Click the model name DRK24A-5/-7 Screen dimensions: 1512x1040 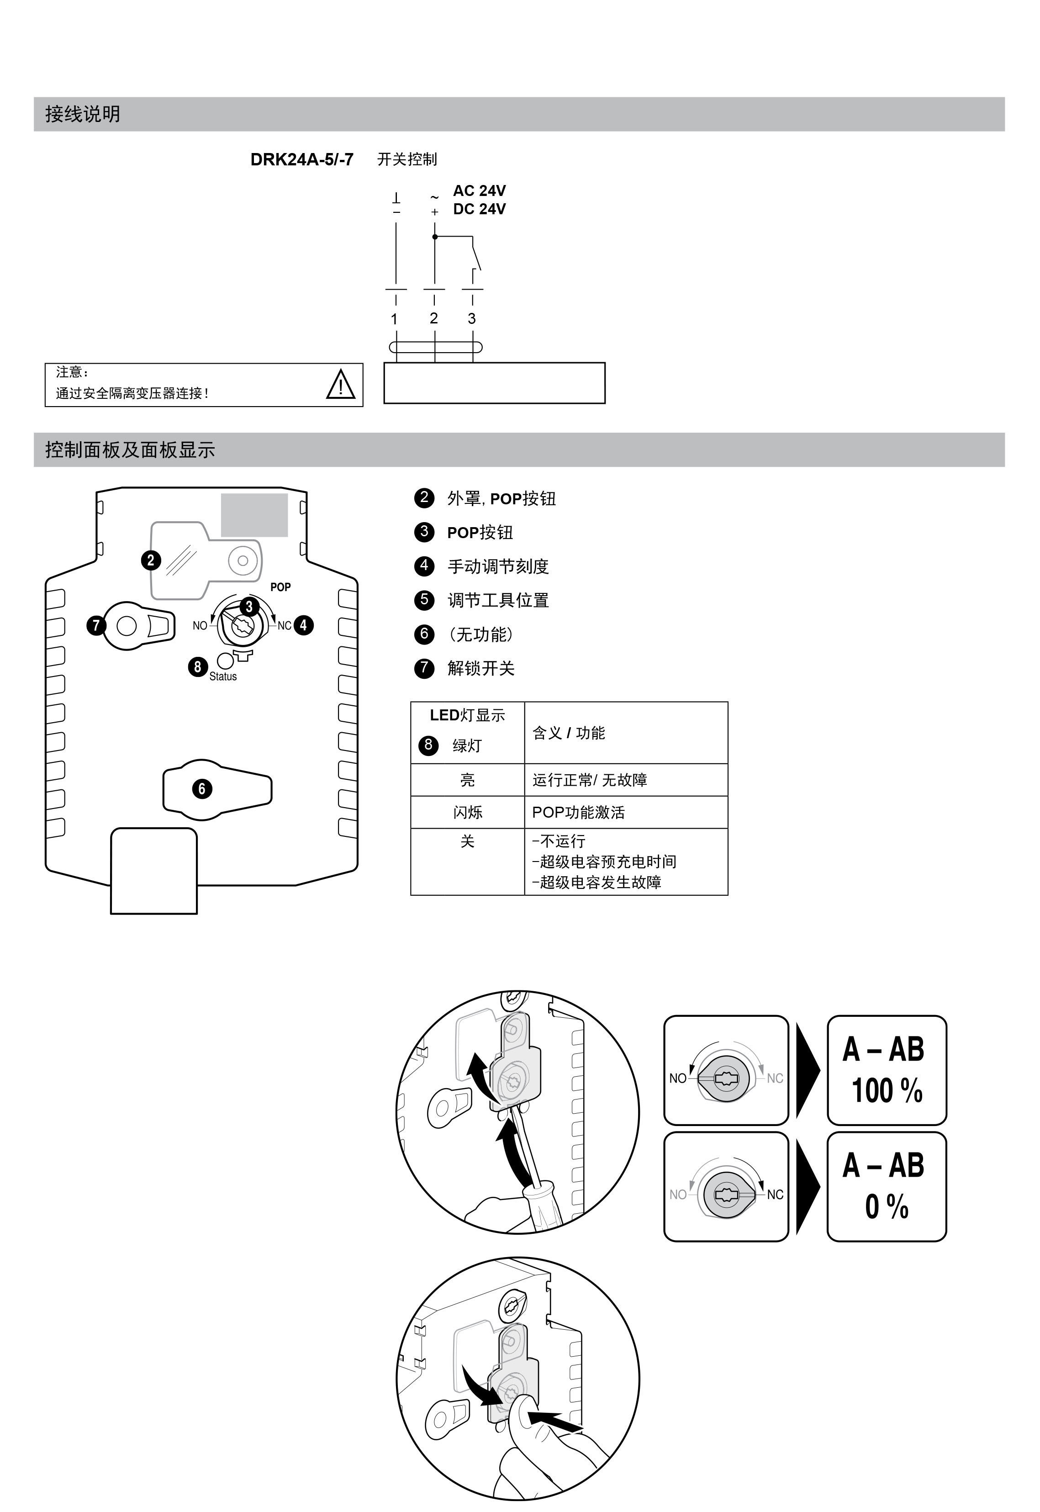[302, 160]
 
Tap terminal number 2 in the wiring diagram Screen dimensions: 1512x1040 [434, 318]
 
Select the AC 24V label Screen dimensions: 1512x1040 [479, 191]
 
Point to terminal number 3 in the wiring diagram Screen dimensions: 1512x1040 [472, 319]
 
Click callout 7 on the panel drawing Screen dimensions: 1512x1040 [96, 626]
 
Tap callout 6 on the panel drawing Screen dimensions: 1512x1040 [201, 788]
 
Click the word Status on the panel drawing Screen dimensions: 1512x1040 [223, 677]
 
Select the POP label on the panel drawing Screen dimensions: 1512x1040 [280, 587]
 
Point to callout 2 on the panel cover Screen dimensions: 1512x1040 [151, 560]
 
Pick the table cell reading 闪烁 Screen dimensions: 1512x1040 [467, 812]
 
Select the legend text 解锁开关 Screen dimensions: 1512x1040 [481, 668]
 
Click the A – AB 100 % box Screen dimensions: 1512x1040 [886, 1070]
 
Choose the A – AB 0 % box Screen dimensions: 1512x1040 [886, 1186]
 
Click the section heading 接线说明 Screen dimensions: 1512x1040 [83, 114]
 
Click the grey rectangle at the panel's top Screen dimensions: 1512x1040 [254, 515]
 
